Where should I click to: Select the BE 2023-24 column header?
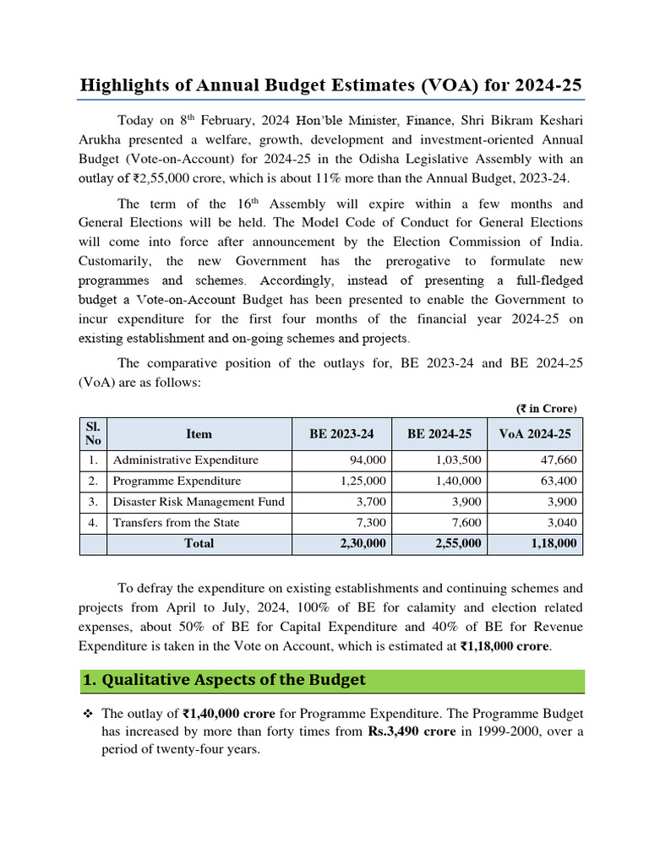tap(341, 433)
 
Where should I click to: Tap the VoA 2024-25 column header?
tap(535, 433)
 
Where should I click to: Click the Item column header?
tap(199, 433)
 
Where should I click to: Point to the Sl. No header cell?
tap(93, 433)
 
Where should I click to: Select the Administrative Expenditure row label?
tap(186, 460)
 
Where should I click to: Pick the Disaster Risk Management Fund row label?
tap(199, 502)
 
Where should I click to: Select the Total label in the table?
tap(199, 543)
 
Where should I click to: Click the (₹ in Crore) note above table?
tap(547, 408)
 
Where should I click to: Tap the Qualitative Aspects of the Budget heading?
tap(224, 680)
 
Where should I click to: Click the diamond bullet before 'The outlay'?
tap(87, 714)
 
